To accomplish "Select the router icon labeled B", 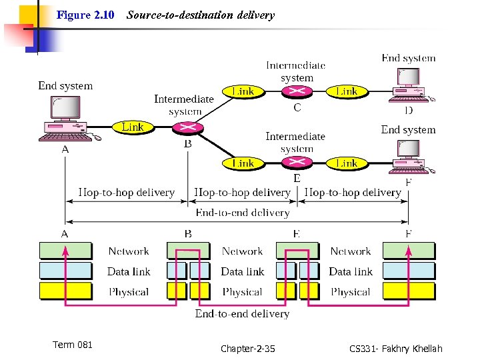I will [187, 127].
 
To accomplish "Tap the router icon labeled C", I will [297, 92].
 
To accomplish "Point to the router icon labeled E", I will [297, 163].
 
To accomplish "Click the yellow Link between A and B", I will [133, 127].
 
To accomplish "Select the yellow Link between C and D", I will [347, 91].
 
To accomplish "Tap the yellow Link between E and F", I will [347, 163].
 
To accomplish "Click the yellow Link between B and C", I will [243, 91].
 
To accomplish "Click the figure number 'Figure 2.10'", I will [85, 15].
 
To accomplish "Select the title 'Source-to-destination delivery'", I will [200, 15].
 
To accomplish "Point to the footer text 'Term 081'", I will [72, 345].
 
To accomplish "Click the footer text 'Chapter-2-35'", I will [247, 349].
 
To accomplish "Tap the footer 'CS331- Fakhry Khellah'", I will [395, 349].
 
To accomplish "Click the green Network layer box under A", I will [65, 251].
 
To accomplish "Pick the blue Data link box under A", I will [65, 271].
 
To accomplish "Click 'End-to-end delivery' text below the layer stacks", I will [242, 313].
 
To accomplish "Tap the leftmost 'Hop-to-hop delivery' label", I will [126, 193].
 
